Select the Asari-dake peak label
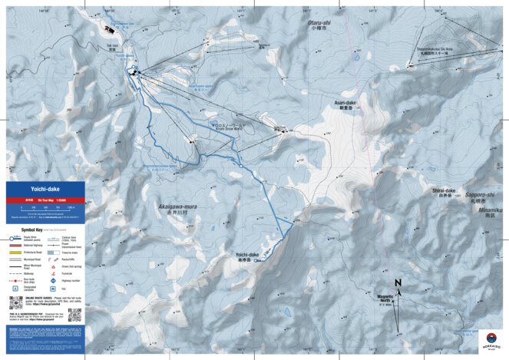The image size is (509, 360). coord(345,104)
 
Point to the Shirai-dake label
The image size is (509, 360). coord(444,191)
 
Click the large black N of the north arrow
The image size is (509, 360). coord(398,283)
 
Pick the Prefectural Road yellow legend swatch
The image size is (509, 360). coord(15,251)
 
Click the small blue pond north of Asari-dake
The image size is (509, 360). coord(357,56)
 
